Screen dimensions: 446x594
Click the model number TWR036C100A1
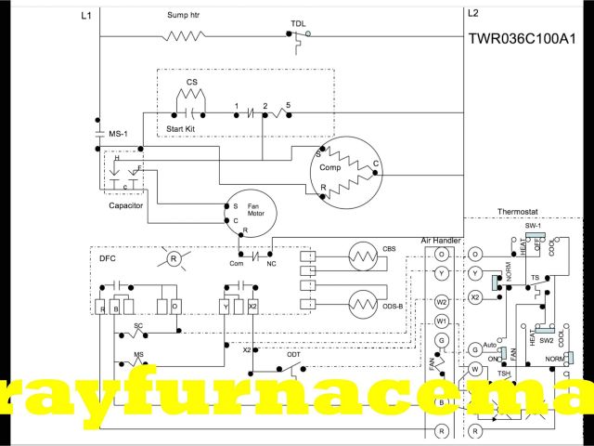point(528,39)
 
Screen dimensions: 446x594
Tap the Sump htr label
point(183,15)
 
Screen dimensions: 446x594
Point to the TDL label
point(298,22)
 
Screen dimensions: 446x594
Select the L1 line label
point(86,15)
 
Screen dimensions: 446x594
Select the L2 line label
point(473,13)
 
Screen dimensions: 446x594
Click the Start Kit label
point(181,127)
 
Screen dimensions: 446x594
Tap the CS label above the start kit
point(192,82)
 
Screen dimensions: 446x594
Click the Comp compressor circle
point(345,171)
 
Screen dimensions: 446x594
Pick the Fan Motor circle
point(244,215)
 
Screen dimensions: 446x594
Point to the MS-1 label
point(118,135)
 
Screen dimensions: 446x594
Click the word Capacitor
point(125,205)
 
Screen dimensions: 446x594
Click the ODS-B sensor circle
point(359,303)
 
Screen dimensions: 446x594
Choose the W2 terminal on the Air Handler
point(442,301)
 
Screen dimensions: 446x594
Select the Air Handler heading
point(441,240)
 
